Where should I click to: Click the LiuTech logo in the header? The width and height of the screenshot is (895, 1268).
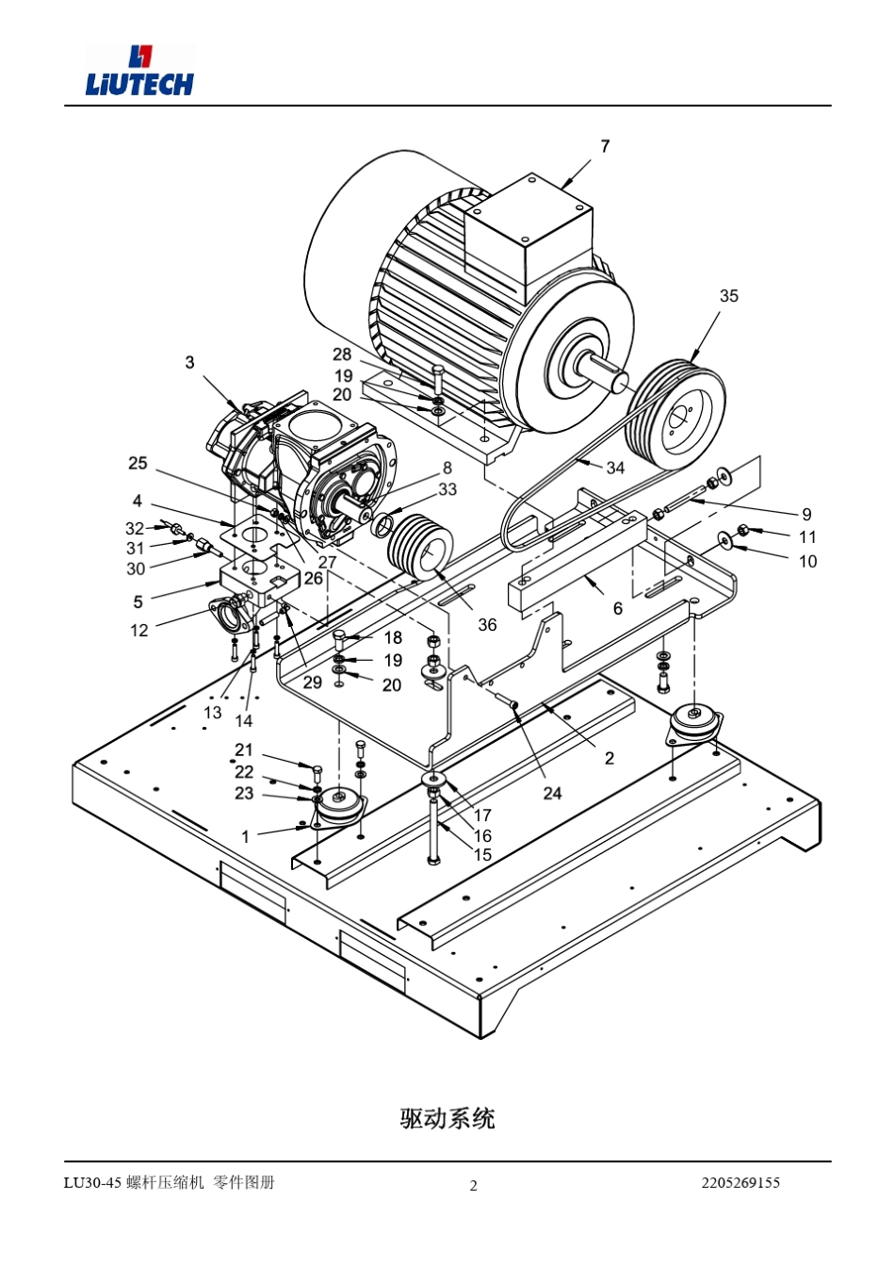[x=139, y=70]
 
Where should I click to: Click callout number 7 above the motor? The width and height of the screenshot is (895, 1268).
[x=605, y=147]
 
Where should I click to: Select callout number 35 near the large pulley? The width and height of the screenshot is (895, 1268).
[x=728, y=295]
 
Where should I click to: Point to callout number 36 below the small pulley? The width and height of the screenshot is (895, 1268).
[x=486, y=624]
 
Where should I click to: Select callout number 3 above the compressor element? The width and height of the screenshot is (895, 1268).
[x=189, y=362]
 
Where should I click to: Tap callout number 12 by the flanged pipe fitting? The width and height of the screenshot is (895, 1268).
[x=139, y=630]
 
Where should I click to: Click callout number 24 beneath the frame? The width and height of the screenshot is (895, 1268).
[x=552, y=793]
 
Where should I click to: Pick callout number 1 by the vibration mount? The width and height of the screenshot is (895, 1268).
[x=245, y=836]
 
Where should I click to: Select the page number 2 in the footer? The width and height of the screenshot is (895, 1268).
[x=474, y=1186]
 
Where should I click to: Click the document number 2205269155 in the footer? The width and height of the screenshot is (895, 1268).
[x=740, y=1182]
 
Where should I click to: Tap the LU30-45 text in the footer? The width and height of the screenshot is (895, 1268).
[x=92, y=1182]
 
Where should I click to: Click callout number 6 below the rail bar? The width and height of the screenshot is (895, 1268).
[x=618, y=608]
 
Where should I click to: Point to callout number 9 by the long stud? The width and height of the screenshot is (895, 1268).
[x=806, y=514]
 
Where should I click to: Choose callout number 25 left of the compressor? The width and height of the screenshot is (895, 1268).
[x=138, y=463]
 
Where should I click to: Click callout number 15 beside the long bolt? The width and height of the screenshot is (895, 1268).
[x=482, y=854]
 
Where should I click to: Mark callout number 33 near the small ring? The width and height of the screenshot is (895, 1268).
[x=447, y=488]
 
